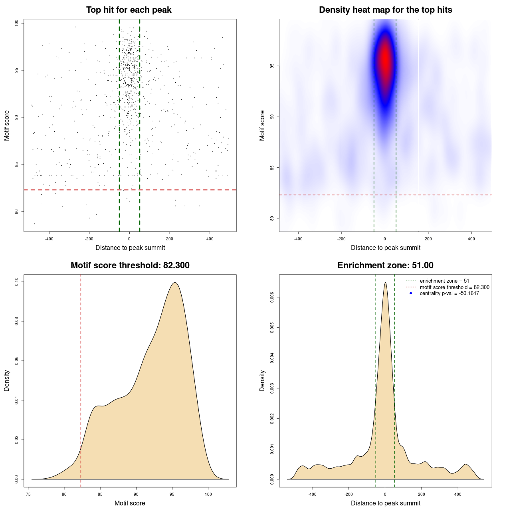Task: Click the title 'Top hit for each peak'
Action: pyautogui.click(x=129, y=10)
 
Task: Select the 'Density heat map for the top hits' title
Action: pyautogui.click(x=385, y=10)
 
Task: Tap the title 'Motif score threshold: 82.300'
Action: pyautogui.click(x=130, y=265)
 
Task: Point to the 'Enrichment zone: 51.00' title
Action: pyautogui.click(x=385, y=265)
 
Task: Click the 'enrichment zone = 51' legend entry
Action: pyautogui.click(x=444, y=281)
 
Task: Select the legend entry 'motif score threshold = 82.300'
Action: pyautogui.click(x=454, y=287)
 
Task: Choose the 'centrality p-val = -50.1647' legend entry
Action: pyautogui.click(x=449, y=293)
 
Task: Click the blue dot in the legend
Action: pyautogui.click(x=411, y=293)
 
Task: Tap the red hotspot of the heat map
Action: pyautogui.click(x=385, y=60)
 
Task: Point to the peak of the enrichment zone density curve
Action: pyautogui.click(x=385, y=283)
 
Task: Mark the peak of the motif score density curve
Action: pyautogui.click(x=174, y=283)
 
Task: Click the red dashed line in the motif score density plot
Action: pyautogui.click(x=81, y=379)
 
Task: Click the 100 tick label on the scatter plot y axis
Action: pyautogui.click(x=17, y=23)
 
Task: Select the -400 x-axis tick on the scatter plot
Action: pyautogui.click(x=49, y=239)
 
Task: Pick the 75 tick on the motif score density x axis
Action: pyautogui.click(x=28, y=494)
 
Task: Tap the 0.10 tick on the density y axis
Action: pyautogui.click(x=17, y=282)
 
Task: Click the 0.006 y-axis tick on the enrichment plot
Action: pyautogui.click(x=272, y=297)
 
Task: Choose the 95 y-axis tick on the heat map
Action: pyautogui.click(x=272, y=66)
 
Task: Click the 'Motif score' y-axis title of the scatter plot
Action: pyautogui.click(x=7, y=125)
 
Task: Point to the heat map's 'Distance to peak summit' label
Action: pyautogui.click(x=385, y=248)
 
